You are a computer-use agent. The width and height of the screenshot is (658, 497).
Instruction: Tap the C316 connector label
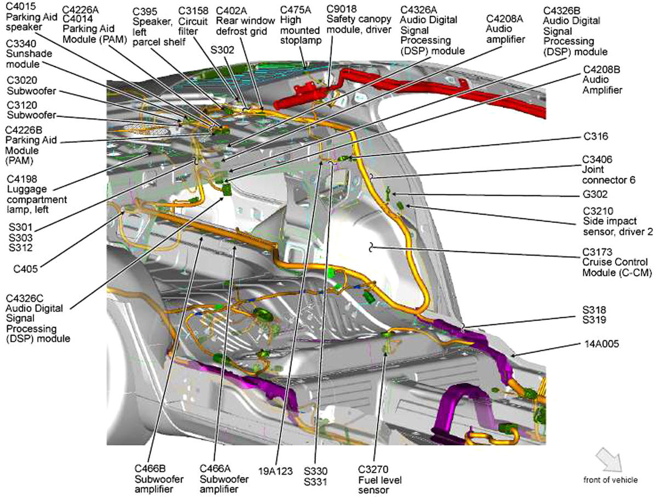[x=595, y=136]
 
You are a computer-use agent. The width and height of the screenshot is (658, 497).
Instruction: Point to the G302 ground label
[x=595, y=194]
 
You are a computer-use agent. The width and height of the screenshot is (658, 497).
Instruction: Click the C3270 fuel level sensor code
[x=373, y=469]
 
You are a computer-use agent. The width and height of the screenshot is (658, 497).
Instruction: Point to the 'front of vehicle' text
[x=610, y=480]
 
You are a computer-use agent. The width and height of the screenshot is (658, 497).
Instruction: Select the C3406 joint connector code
[x=597, y=159]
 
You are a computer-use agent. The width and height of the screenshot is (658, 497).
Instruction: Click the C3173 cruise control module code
[x=597, y=253]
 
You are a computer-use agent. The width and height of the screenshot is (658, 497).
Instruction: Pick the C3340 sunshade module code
[x=21, y=44]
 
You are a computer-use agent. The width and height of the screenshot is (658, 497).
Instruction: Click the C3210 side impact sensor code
[x=597, y=211]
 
